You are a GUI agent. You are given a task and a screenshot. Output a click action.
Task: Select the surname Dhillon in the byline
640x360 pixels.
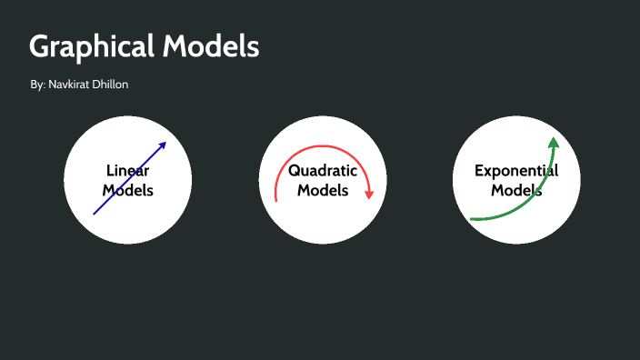(115, 85)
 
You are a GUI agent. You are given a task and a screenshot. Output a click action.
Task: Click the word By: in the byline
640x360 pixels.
(37, 85)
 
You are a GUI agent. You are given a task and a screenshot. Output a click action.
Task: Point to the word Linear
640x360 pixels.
(127, 170)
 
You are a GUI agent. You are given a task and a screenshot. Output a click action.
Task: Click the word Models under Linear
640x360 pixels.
(127, 190)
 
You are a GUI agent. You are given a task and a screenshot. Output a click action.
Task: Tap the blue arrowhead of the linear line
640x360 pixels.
(164, 145)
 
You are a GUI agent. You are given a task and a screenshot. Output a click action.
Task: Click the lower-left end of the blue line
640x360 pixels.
(95, 214)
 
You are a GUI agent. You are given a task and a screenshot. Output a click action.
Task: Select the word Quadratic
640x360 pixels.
(323, 171)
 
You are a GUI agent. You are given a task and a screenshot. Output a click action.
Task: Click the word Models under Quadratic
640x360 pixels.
(323, 191)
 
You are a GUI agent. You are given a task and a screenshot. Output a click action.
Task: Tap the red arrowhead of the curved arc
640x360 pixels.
(369, 194)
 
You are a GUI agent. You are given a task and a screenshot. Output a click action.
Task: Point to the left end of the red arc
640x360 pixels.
(275, 198)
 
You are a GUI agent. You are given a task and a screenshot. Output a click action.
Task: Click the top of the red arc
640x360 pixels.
(323, 149)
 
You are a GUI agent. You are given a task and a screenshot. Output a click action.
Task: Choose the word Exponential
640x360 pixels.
(516, 170)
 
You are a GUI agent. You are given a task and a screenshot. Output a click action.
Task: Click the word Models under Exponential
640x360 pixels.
(516, 191)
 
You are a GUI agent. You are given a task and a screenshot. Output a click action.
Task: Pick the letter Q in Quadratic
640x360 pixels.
(295, 171)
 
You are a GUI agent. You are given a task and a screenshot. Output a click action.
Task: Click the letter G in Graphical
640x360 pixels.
(40, 47)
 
